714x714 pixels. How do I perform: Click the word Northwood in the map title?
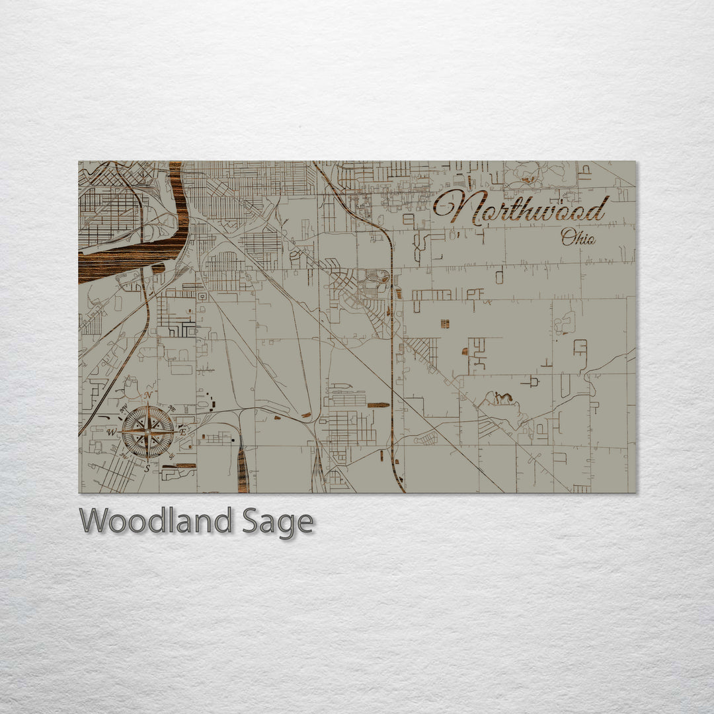point(520,208)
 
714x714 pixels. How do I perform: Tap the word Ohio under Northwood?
point(578,237)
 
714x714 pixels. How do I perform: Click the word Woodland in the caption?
point(155,521)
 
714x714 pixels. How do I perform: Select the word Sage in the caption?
point(277,522)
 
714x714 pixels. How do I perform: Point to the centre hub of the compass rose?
point(148,432)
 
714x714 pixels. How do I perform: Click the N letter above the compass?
point(149,395)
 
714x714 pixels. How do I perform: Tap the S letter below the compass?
point(147,468)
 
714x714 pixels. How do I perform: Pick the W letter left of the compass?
point(112,432)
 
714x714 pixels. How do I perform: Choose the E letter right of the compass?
point(182,431)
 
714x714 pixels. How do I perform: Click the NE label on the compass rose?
point(173,407)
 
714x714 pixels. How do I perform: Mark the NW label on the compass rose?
point(124,407)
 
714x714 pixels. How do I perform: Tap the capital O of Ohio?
point(567,236)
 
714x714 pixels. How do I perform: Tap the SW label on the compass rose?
point(124,456)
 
